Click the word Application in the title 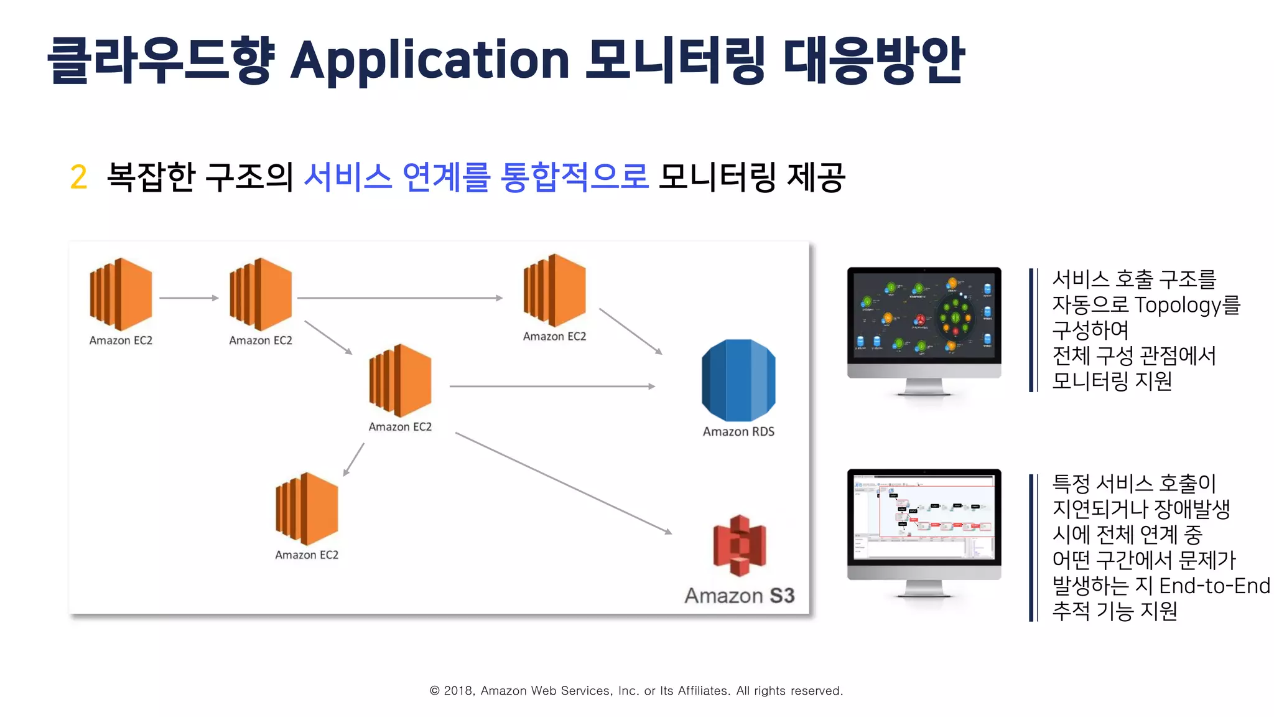click(x=429, y=61)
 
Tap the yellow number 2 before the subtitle click(x=78, y=177)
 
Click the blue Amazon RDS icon click(x=738, y=380)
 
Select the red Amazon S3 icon click(x=739, y=545)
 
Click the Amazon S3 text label click(x=740, y=596)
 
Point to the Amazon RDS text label click(x=738, y=431)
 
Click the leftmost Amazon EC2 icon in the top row click(x=121, y=294)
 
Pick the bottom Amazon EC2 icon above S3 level click(x=307, y=508)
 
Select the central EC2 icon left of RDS click(x=400, y=380)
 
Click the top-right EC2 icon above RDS click(x=554, y=290)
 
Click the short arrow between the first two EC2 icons click(x=188, y=298)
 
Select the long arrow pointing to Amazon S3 click(x=563, y=482)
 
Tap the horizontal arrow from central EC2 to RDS click(x=552, y=387)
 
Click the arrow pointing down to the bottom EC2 click(x=354, y=459)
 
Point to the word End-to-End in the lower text click(x=1214, y=586)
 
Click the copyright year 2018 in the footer click(x=459, y=691)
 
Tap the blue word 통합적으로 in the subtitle click(x=574, y=177)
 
